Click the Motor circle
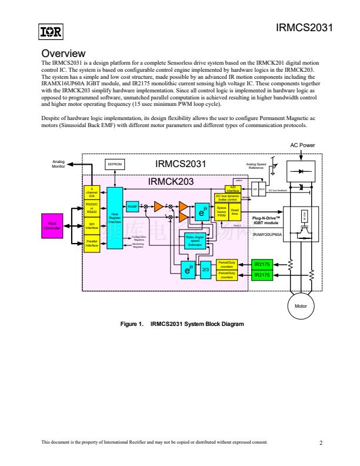click(301, 306)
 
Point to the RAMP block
click(133, 207)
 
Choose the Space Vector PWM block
click(222, 212)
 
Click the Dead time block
click(235, 212)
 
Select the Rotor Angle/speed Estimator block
click(195, 240)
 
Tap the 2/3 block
click(206, 270)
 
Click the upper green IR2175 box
click(262, 264)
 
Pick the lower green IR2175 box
click(262, 275)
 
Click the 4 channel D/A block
click(92, 192)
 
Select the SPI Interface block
click(92, 225)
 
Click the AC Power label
click(302, 145)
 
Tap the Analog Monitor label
click(58, 165)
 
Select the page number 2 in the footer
click(321, 442)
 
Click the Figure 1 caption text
click(182, 324)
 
